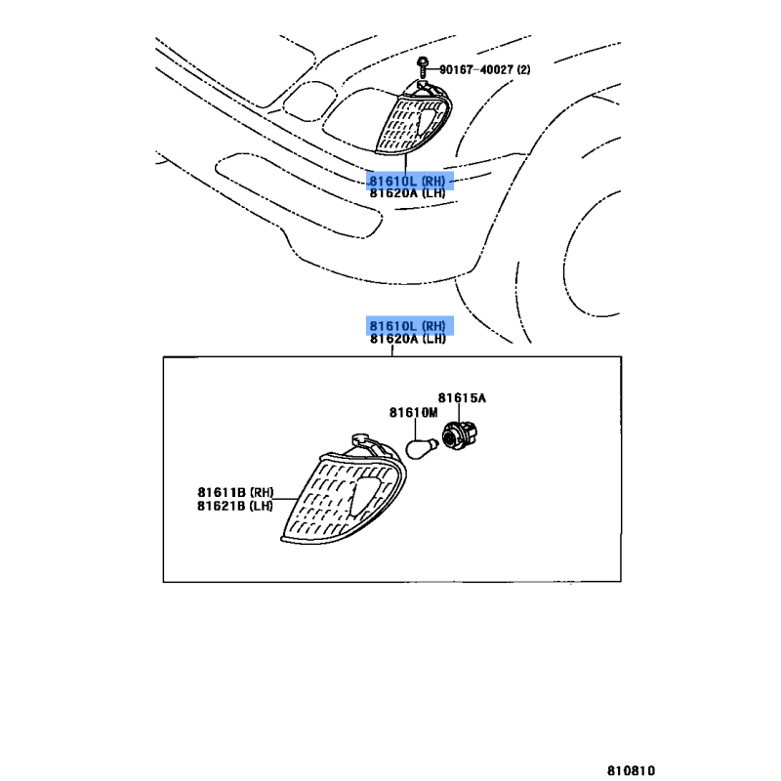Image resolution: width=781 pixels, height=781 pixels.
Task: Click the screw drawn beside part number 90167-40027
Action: [421, 67]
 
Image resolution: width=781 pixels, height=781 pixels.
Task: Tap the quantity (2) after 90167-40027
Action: [524, 69]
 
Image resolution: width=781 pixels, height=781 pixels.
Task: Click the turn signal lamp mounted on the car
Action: [415, 121]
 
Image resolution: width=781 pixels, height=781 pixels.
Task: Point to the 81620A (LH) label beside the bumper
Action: [407, 193]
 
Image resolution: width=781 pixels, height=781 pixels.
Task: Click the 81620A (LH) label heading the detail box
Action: [407, 339]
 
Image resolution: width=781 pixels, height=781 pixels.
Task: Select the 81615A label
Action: [461, 398]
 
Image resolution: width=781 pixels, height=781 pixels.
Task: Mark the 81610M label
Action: [413, 413]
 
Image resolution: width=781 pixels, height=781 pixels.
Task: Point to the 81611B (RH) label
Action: [235, 492]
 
